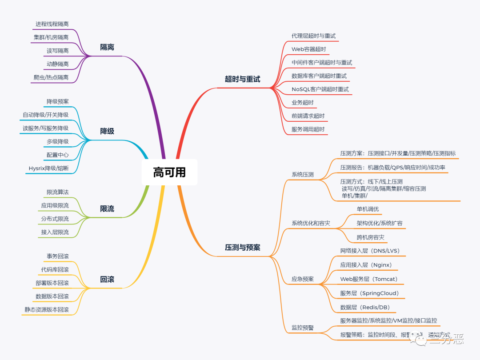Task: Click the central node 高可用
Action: click(x=169, y=172)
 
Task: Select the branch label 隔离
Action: click(x=107, y=47)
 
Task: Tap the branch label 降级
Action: click(x=107, y=131)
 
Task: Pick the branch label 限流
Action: click(x=107, y=208)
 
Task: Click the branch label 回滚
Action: click(x=107, y=279)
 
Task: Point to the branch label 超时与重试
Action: click(x=242, y=79)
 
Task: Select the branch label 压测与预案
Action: click(x=242, y=248)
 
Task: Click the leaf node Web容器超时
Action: click(x=309, y=49)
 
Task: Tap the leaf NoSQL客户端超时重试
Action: click(x=320, y=89)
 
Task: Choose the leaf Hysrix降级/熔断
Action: click(x=48, y=168)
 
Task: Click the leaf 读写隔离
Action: click(x=57, y=51)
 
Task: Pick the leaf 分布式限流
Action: click(x=55, y=219)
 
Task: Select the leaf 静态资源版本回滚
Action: click(x=47, y=309)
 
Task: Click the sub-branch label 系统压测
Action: click(x=302, y=175)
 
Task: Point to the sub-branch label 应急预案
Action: click(x=302, y=279)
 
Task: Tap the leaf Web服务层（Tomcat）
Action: click(x=369, y=279)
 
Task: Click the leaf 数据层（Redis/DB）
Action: click(x=365, y=307)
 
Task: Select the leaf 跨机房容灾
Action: click(x=370, y=237)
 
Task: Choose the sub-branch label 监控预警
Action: click(x=302, y=328)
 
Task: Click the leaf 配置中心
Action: click(x=57, y=155)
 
